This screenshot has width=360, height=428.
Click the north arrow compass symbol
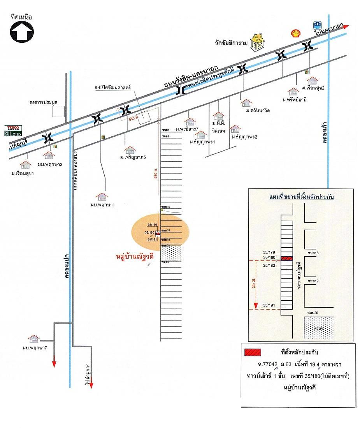22,31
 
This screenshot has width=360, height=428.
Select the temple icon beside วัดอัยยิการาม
257,42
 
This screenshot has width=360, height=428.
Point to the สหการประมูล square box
58,111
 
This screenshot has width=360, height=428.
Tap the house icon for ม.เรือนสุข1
26,164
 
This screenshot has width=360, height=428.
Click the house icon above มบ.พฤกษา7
33,338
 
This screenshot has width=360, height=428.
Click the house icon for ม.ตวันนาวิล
246,103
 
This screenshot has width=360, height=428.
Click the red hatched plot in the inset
286,258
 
